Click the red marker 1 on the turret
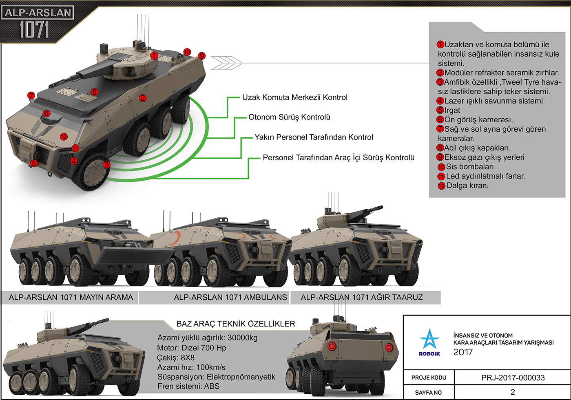(154, 55)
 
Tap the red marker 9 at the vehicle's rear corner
(201, 56)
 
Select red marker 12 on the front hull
(64, 137)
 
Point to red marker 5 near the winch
(33, 164)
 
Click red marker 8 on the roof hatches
(94, 92)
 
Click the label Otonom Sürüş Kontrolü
(289, 117)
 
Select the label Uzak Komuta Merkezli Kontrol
(294, 97)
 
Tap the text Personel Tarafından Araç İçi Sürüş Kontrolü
(339, 158)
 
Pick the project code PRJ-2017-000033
(513, 378)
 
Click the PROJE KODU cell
(429, 378)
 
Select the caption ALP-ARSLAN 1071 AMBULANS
(230, 297)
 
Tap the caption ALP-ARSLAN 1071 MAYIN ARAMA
(71, 297)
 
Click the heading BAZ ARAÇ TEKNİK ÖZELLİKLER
(236, 324)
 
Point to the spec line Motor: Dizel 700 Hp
(192, 348)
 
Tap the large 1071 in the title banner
(34, 30)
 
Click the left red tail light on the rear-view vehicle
(332, 346)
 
